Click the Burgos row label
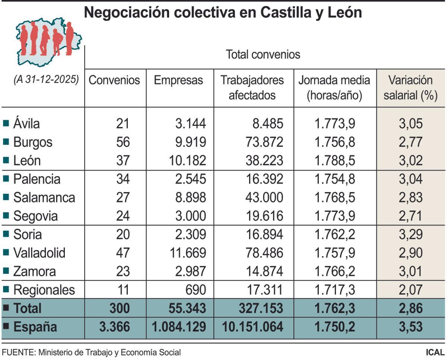coord(33,142)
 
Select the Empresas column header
coord(178,80)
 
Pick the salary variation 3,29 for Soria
coord(410,235)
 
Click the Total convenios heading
coord(263,55)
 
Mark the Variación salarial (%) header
coord(410,87)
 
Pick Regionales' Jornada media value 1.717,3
coord(335,290)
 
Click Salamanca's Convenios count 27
coord(123,197)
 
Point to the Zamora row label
coord(34,271)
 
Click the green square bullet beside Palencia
coord(6,179)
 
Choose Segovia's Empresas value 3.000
coord(191,216)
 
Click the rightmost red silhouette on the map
coord(69,38)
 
